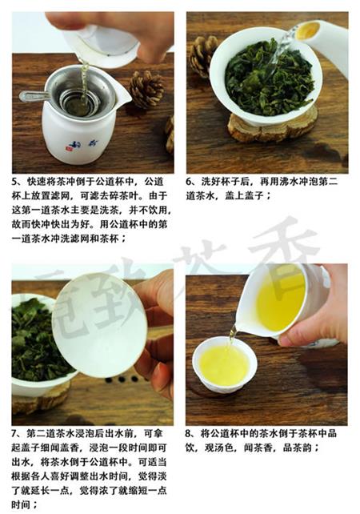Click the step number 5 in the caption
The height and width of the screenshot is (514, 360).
tap(14, 183)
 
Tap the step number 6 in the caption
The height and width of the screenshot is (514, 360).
tap(189, 183)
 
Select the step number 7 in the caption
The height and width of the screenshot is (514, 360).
tap(14, 434)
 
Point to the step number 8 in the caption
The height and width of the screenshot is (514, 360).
tap(188, 434)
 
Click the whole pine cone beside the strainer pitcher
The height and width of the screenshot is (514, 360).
tap(146, 89)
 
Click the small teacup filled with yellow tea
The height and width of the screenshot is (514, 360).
tap(224, 366)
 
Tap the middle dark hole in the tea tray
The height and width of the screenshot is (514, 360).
tap(122, 379)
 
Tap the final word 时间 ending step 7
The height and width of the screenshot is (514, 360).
tap(22, 505)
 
